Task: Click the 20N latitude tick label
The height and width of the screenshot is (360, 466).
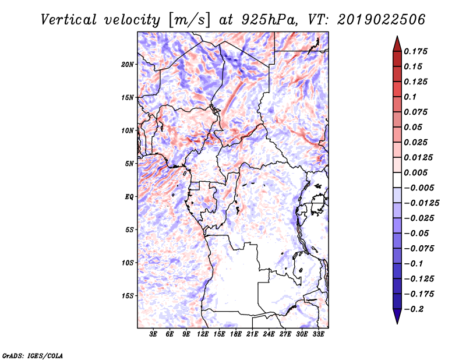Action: pyautogui.click(x=128, y=65)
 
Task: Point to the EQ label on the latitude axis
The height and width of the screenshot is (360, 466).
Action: pyautogui.click(x=129, y=197)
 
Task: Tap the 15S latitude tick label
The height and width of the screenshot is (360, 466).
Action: pyautogui.click(x=129, y=296)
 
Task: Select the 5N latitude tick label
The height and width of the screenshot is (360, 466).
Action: pyautogui.click(x=129, y=164)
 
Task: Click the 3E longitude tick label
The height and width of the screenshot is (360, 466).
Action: pyautogui.click(x=153, y=334)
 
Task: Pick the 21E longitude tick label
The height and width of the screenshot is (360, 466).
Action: pyautogui.click(x=252, y=334)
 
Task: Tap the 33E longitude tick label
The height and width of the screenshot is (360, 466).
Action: pyautogui.click(x=318, y=334)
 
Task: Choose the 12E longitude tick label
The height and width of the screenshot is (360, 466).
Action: pyautogui.click(x=203, y=334)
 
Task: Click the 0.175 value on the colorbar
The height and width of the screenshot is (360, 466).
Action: pyautogui.click(x=415, y=51)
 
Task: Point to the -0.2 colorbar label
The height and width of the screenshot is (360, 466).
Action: pyautogui.click(x=414, y=309)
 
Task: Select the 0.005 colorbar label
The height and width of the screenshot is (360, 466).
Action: pyautogui.click(x=415, y=172)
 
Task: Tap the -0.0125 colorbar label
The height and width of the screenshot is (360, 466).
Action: pyautogui.click(x=421, y=203)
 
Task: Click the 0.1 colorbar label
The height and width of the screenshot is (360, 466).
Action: pyautogui.click(x=410, y=97)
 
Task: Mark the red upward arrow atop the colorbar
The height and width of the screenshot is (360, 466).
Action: pyautogui.click(x=397, y=44)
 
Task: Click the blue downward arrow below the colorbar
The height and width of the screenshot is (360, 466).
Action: pyautogui.click(x=397, y=316)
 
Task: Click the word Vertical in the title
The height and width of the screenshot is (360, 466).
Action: pyautogui.click(x=69, y=20)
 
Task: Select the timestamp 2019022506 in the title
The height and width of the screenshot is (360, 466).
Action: pyautogui.click(x=382, y=20)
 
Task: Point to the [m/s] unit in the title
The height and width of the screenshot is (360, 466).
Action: pyautogui.click(x=189, y=20)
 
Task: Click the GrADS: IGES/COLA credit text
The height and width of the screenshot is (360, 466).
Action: pyautogui.click(x=33, y=355)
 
